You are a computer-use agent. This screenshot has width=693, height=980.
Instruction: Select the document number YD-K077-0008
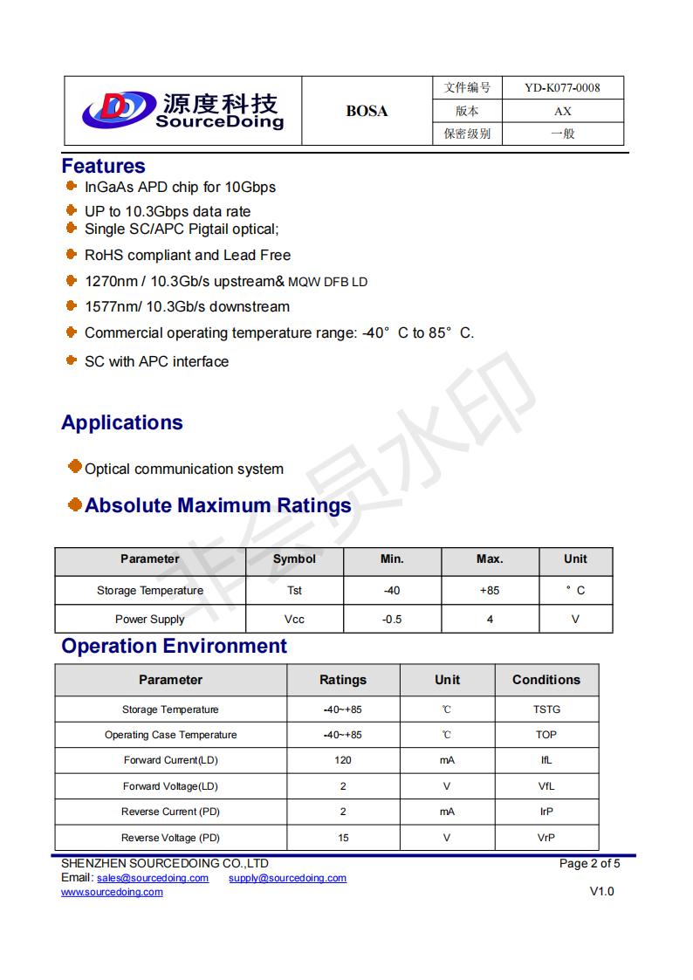click(x=562, y=87)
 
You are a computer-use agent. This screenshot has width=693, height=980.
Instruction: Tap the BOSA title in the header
click(x=367, y=111)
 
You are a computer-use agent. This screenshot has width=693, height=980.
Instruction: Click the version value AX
click(x=563, y=111)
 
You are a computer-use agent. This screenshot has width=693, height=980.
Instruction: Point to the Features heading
click(x=103, y=166)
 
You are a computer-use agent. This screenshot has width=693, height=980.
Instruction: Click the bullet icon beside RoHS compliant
click(x=72, y=254)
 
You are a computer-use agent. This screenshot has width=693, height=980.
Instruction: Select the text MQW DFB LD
click(x=327, y=282)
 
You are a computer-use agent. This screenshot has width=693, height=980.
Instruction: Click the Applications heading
click(x=122, y=422)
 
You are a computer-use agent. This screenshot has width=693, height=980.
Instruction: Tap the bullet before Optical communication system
click(x=75, y=467)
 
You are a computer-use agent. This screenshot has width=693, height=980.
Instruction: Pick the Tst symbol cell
click(x=294, y=591)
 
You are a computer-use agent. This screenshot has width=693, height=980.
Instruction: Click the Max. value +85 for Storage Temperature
click(x=490, y=591)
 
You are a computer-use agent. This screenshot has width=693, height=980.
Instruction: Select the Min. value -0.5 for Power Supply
click(x=392, y=620)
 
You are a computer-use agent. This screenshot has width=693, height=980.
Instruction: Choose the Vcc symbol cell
click(x=294, y=620)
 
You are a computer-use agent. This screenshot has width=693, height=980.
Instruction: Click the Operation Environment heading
click(x=174, y=646)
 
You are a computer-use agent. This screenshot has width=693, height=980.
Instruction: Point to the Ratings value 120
click(x=343, y=760)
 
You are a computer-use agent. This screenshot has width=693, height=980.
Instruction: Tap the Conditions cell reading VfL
click(x=546, y=786)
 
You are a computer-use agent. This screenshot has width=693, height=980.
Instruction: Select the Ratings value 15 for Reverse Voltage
click(x=343, y=838)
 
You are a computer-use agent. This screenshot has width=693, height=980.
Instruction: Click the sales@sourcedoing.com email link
click(x=153, y=878)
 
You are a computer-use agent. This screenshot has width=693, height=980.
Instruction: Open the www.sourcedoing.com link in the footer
click(x=112, y=892)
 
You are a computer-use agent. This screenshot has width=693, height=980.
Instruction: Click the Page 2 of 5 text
click(x=589, y=864)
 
